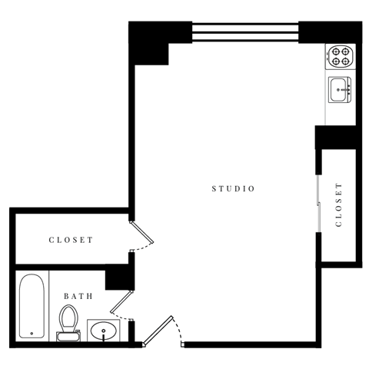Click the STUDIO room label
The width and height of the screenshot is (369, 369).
[233, 188]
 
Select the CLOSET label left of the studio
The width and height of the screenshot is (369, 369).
[71, 240]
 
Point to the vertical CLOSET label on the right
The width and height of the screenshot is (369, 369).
[339, 205]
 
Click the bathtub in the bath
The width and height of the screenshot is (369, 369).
[32, 305]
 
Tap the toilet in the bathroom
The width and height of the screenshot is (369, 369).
[69, 319]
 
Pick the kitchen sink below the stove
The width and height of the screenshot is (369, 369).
[340, 90]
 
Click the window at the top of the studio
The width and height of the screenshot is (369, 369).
[244, 32]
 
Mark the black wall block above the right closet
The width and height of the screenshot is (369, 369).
[337, 137]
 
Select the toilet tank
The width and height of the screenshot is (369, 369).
[68, 335]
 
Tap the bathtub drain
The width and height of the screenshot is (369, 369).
[32, 333]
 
